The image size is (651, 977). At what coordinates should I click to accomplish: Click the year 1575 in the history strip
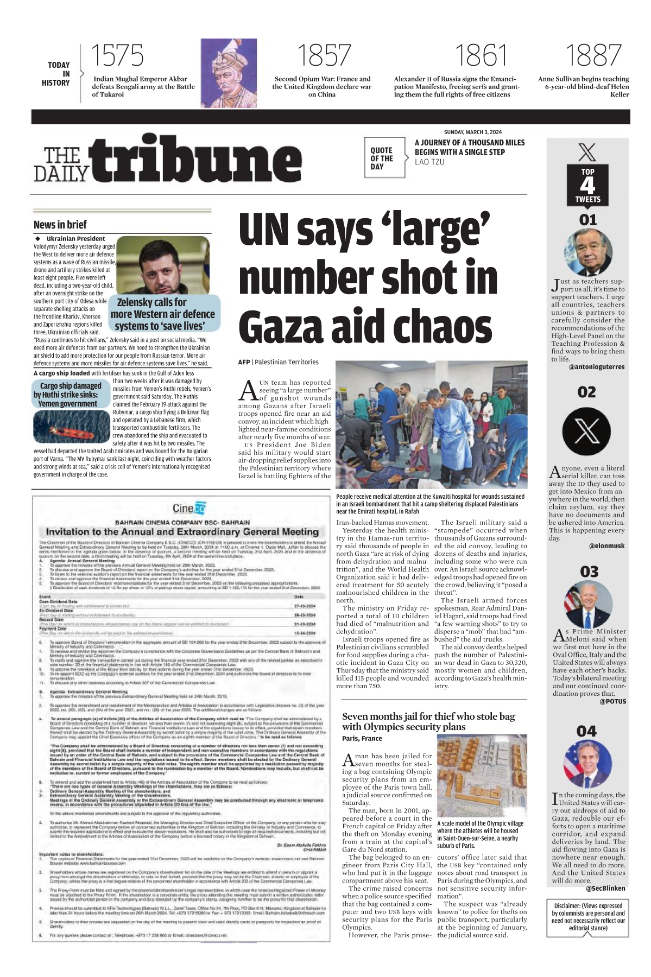click(117, 55)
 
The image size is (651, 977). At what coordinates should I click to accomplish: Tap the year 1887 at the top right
click(593, 55)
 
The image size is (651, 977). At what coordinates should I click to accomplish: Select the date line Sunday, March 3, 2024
click(472, 132)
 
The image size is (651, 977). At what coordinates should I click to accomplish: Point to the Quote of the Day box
click(384, 158)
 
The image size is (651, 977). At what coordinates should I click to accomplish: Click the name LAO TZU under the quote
click(429, 162)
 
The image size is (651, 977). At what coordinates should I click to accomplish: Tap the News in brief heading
click(60, 225)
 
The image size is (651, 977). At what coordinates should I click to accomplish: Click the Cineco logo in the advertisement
click(189, 508)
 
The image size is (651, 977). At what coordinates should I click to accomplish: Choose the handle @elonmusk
click(606, 546)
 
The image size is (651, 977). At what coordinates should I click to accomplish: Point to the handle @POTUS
click(612, 701)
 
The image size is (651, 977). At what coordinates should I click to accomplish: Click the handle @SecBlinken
click(605, 889)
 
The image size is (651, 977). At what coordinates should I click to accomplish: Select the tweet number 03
click(589, 572)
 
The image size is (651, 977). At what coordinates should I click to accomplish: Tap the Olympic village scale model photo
click(481, 776)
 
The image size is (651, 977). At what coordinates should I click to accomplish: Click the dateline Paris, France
click(362, 738)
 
